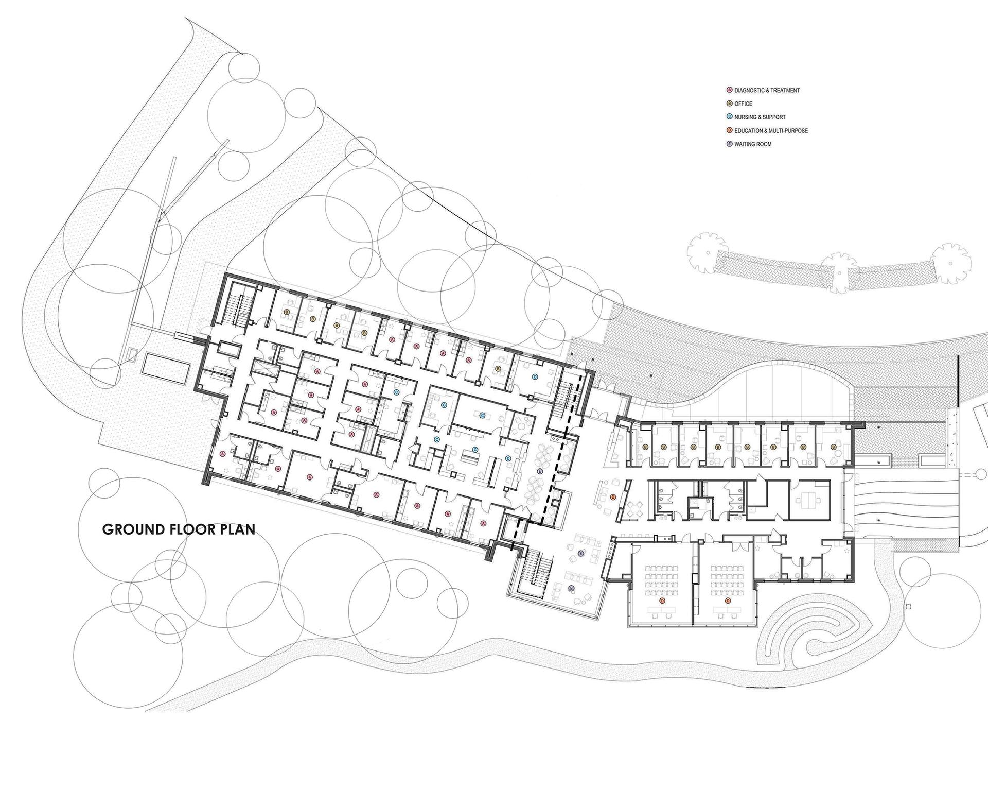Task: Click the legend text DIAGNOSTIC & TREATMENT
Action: [x=767, y=91]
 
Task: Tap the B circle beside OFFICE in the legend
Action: [x=729, y=104]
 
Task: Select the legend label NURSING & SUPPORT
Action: [x=760, y=117]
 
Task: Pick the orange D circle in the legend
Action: [x=729, y=131]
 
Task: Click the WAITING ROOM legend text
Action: [x=753, y=144]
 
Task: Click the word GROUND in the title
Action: [x=135, y=529]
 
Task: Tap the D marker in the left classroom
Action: [x=662, y=601]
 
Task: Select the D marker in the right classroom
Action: [x=728, y=601]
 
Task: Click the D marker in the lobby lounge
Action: [x=612, y=498]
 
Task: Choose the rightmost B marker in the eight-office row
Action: [x=832, y=448]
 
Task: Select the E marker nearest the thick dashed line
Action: [x=540, y=471]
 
